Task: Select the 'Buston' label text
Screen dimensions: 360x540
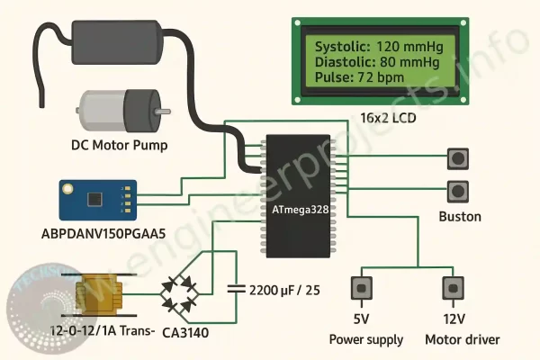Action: click(459, 217)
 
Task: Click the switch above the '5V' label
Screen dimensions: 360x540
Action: click(363, 288)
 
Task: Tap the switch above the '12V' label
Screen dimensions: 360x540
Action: click(453, 288)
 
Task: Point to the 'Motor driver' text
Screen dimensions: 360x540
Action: click(463, 339)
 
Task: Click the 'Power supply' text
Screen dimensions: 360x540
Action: click(365, 339)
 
